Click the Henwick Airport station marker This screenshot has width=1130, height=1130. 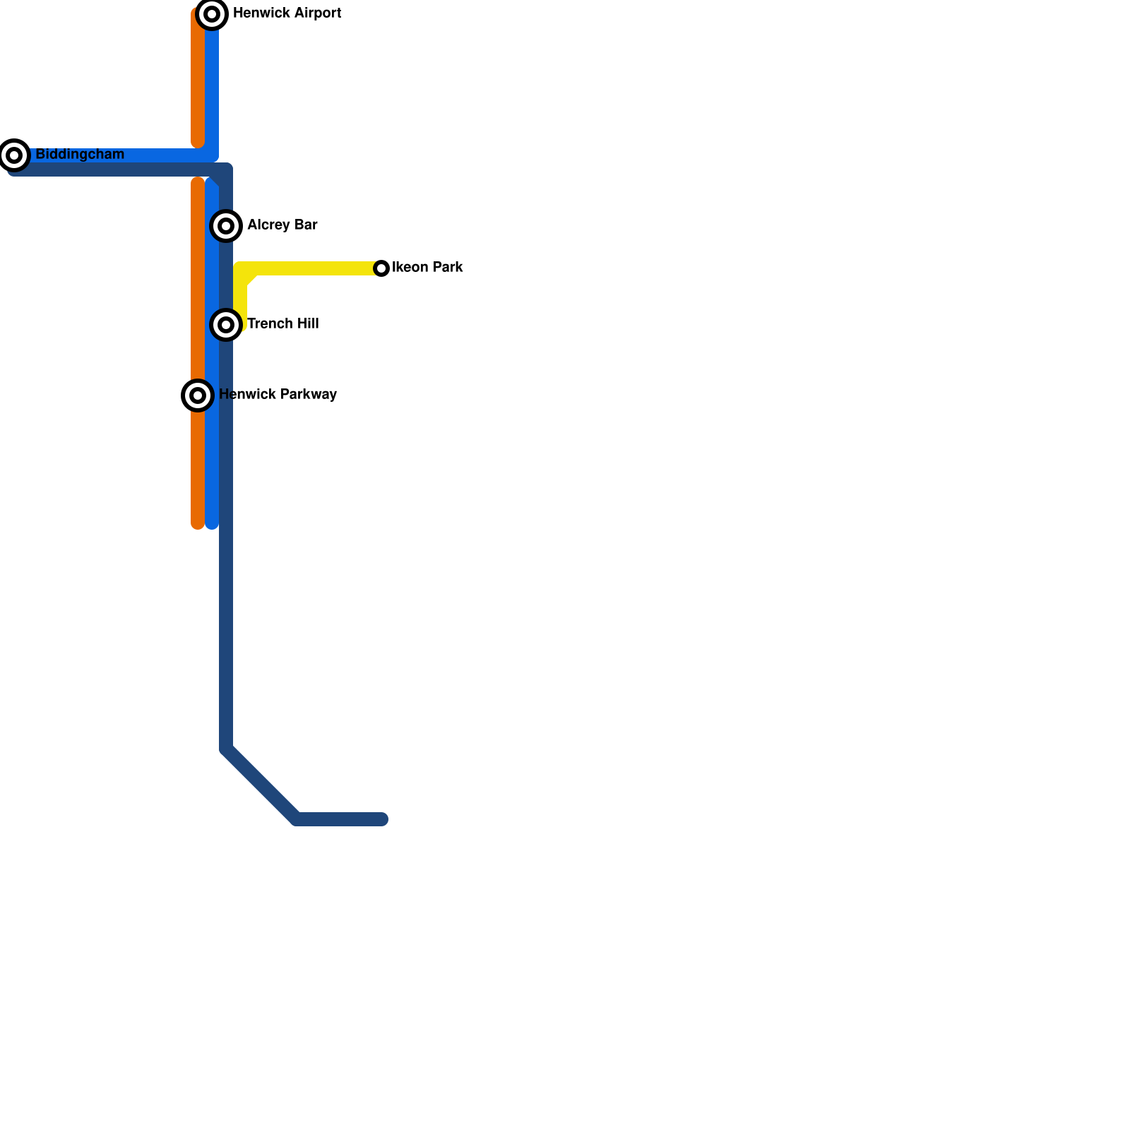[x=212, y=14]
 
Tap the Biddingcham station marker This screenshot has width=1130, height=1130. [x=14, y=155]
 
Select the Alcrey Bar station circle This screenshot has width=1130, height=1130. [x=226, y=226]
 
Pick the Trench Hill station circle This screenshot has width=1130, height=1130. [x=226, y=325]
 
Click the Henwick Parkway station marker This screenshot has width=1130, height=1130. [x=198, y=395]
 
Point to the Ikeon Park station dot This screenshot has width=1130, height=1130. [x=381, y=268]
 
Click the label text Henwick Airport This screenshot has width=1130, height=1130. [x=287, y=13]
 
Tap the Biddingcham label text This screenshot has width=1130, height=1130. [x=80, y=155]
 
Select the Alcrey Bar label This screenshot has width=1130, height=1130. [x=282, y=225]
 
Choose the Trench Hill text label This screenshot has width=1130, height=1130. [x=282, y=324]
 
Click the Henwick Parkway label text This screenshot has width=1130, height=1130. [x=278, y=395]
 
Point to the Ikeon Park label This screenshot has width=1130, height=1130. [x=427, y=268]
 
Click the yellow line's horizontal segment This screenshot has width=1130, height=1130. [x=318, y=268]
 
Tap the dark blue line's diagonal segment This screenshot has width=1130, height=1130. [x=261, y=784]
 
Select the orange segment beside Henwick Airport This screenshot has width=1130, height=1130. [x=198, y=78]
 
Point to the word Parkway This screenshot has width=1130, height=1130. [x=308, y=395]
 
